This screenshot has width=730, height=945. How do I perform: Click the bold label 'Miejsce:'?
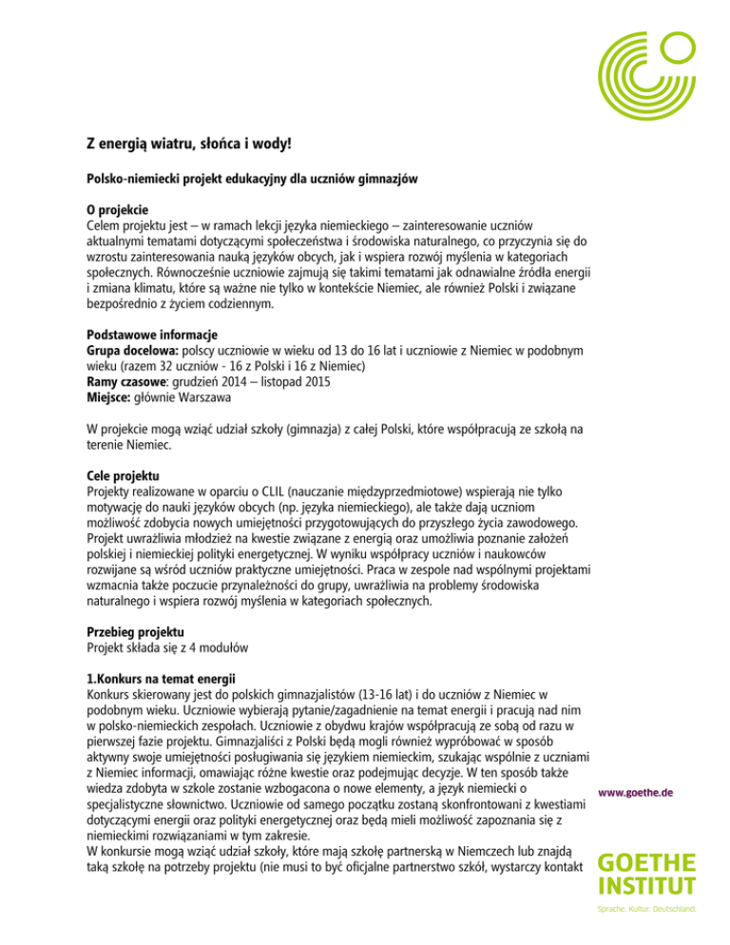pos(99,404)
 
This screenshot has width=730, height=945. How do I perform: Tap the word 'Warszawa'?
pos(205,404)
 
